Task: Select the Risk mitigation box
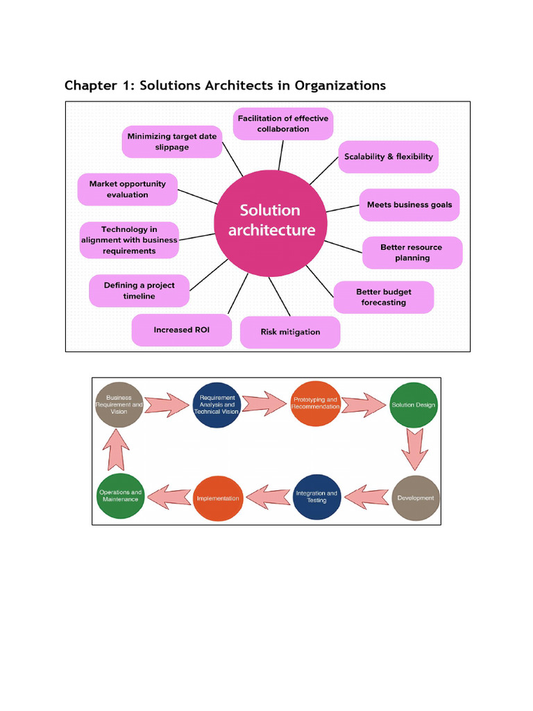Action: pos(290,332)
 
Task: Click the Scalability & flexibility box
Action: pos(388,157)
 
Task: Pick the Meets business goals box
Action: pos(409,205)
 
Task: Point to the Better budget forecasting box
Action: pos(383,297)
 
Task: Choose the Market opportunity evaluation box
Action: pos(128,190)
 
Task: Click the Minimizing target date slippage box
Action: pos(172,142)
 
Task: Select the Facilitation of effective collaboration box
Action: pos(283,124)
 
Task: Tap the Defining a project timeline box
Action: pos(139,291)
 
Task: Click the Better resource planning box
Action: pos(412,253)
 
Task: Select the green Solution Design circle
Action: pos(414,405)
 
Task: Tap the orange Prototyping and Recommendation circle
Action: pos(315,405)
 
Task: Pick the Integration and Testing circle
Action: pos(316,497)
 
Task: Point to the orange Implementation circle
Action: pos(217,498)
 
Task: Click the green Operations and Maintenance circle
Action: pos(121,497)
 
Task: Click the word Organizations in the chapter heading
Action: pos(340,85)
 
